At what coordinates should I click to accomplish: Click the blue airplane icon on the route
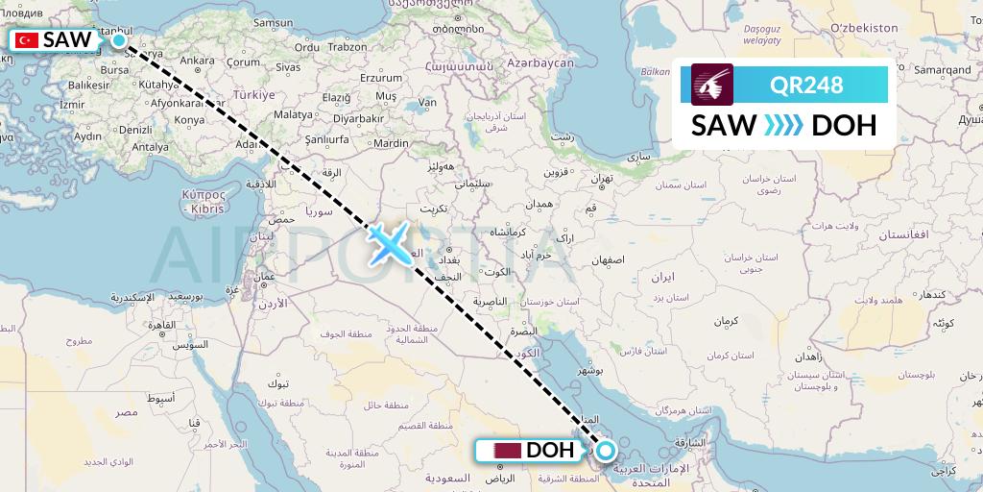(388, 241)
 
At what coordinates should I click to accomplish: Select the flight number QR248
(806, 86)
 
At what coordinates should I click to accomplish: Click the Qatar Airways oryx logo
(711, 85)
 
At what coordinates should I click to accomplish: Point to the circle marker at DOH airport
(606, 450)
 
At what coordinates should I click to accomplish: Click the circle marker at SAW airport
(119, 40)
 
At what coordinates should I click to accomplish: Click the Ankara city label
(197, 61)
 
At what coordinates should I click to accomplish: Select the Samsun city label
(272, 21)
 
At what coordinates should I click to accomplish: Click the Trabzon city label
(348, 46)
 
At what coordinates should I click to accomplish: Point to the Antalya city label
(150, 147)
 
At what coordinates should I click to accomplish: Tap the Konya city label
(190, 120)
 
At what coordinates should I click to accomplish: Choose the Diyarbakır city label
(358, 119)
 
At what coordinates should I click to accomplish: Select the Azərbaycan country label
(541, 62)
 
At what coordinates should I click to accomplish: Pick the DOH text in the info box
(844, 126)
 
